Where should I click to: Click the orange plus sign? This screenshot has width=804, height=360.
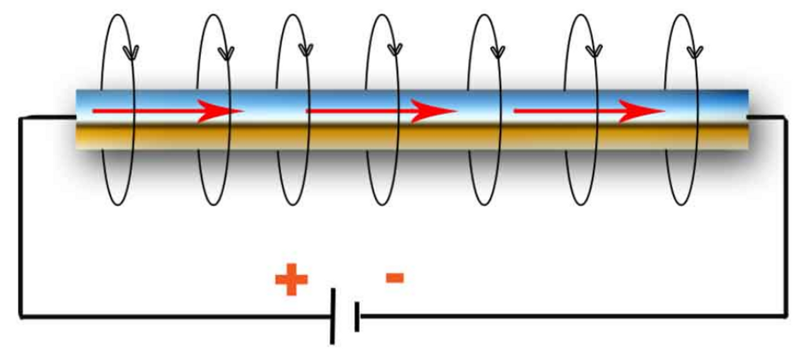coord(291,280)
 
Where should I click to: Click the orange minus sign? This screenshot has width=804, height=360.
coord(394,277)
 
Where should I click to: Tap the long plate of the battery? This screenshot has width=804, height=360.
coord(333,316)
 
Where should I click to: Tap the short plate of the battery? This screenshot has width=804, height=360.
coord(357,316)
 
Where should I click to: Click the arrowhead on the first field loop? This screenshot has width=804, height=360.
coord(131,50)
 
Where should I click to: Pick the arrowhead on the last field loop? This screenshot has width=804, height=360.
coord(694,50)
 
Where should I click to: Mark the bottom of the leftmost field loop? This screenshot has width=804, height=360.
coord(118,204)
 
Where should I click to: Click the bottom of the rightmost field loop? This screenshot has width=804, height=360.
coord(682,204)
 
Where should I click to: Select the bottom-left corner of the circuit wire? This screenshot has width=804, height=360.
coord(21,316)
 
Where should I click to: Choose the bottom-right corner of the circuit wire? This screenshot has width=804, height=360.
coord(785,315)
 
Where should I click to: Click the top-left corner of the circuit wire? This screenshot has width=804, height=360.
coord(21,117)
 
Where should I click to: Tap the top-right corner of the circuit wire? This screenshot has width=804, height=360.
coord(785,117)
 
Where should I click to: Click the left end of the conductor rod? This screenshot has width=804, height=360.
coord(77,119)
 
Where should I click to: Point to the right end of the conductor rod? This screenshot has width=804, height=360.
coord(747,119)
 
